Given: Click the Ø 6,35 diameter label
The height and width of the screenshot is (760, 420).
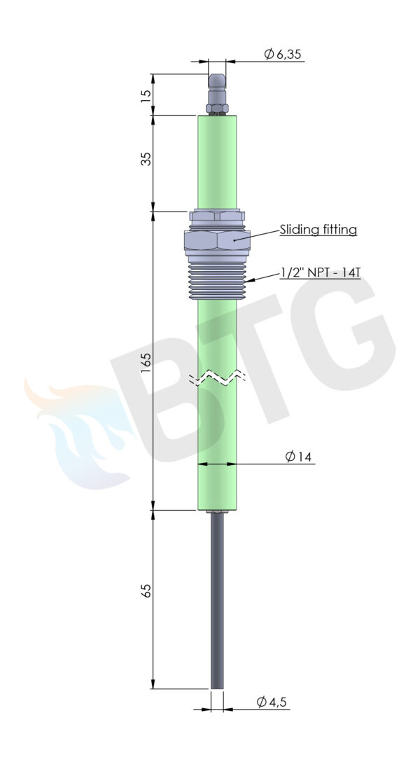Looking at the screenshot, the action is [282, 54].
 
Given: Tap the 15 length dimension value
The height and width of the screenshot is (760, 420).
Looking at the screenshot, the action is [146, 95].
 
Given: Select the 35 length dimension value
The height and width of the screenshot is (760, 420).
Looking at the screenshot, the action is [146, 159].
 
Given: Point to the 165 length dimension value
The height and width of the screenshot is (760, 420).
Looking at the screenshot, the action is [146, 362].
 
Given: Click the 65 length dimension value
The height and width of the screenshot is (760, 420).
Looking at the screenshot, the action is [146, 590].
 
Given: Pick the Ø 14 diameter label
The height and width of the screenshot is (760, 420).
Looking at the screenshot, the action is [298, 457].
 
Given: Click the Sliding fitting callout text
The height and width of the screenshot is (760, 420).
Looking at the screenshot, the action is [318, 229].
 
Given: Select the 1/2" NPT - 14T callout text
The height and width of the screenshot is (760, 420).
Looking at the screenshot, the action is [321, 273].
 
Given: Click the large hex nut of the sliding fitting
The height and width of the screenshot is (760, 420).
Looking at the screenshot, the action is [217, 241].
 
